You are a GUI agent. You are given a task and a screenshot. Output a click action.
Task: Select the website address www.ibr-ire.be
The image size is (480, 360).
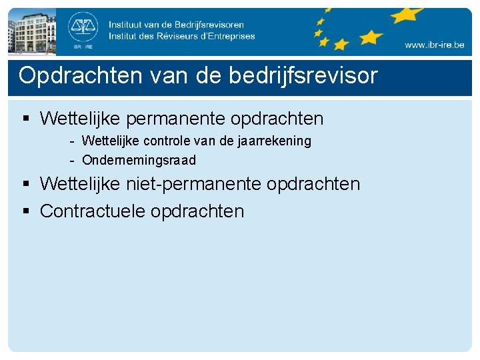tap(433, 45)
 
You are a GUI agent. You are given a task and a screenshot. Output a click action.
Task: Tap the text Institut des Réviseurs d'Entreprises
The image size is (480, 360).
tap(181, 36)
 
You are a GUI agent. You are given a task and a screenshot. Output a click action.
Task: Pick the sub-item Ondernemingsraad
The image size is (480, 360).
tap(139, 160)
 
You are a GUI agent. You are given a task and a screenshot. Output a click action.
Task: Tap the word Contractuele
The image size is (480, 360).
tap(93, 211)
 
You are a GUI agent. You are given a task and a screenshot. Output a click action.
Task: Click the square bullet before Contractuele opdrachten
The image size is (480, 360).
tap(27, 211)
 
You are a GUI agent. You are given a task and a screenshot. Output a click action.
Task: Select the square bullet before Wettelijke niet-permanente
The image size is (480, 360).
tap(27, 183)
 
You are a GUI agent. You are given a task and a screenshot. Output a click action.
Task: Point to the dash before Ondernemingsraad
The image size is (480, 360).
tap(71, 160)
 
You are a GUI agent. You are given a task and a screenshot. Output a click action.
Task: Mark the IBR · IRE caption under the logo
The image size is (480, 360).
tap(83, 47)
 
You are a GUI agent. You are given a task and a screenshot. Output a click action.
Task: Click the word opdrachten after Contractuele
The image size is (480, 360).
tap(197, 211)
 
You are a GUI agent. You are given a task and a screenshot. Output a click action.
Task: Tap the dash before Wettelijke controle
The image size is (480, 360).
tap(71, 141)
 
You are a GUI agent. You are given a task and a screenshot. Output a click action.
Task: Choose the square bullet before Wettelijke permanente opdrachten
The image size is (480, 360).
tap(27, 119)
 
